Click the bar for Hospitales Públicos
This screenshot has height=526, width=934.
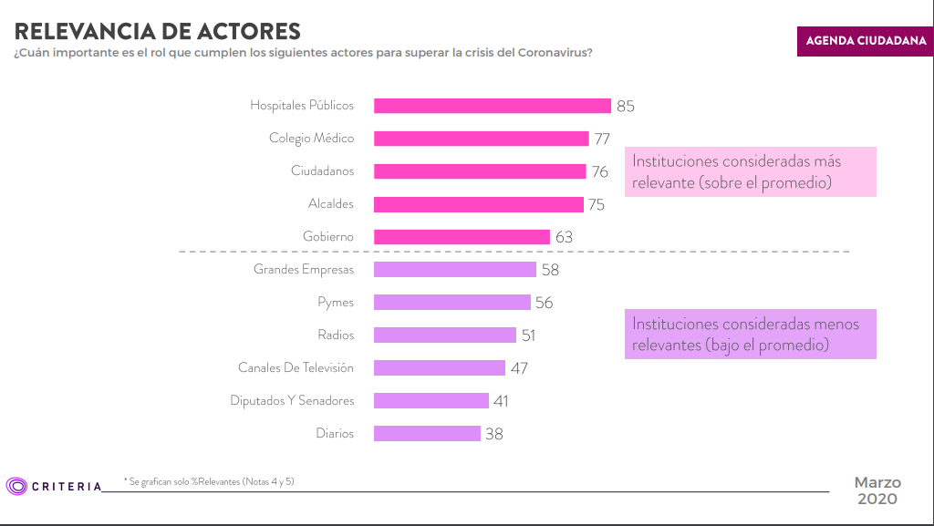[493, 106]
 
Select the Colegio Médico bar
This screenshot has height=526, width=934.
[482, 139]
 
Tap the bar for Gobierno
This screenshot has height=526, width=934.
[462, 237]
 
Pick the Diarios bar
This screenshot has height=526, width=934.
[427, 434]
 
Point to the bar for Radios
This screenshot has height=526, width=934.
[445, 335]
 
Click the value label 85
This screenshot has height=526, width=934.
[625, 106]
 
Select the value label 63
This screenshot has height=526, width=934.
[564, 237]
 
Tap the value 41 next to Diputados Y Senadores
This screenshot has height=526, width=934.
[500, 401]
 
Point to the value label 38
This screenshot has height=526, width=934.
[493, 434]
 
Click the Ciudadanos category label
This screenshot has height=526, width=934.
[322, 171]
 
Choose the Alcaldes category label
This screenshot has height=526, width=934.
[330, 204]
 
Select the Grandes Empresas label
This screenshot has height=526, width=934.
[304, 270]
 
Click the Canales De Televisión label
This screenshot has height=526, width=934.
[296, 368]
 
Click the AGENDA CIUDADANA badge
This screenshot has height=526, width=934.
[866, 41]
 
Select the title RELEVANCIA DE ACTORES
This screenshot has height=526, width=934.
[157, 31]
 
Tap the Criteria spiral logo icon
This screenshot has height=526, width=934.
[16, 486]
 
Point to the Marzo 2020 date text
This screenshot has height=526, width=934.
[877, 490]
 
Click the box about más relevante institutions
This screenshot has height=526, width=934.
[750, 171]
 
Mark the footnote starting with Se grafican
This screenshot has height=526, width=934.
[210, 480]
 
